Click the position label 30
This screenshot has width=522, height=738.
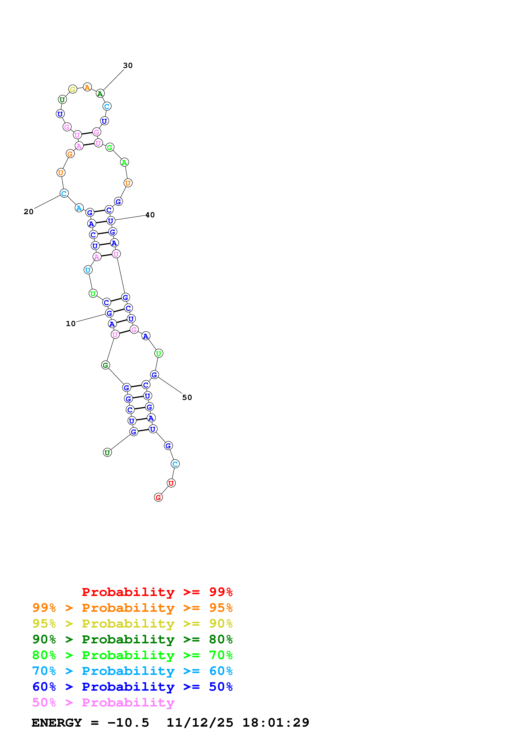[x=128, y=66]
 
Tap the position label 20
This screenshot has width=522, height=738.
[x=29, y=212]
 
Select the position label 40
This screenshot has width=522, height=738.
[x=150, y=215]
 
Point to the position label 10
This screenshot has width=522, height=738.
[x=71, y=324]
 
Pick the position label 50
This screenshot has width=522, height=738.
[x=187, y=398]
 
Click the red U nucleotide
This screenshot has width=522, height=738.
[x=171, y=483]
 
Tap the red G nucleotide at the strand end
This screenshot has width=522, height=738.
[x=158, y=498]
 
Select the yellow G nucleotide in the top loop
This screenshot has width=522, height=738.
[x=73, y=90]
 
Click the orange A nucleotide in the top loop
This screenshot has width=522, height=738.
[x=87, y=87]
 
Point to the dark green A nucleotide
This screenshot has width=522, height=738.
[x=100, y=94]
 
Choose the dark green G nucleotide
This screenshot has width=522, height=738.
[x=105, y=365]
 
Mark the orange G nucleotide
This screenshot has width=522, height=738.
[x=70, y=154]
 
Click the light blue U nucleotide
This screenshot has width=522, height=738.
[x=88, y=270]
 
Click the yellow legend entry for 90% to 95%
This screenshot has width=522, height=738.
[x=132, y=624]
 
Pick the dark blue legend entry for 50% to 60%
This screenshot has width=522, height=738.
[x=132, y=687]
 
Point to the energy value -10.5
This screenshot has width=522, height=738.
[x=128, y=723]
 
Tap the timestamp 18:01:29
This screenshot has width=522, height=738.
[x=276, y=723]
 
